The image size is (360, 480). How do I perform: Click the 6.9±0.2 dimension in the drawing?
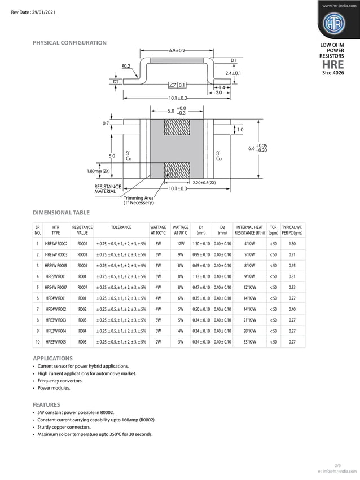pos(177,51)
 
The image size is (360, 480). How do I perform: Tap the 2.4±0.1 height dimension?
pos(233,73)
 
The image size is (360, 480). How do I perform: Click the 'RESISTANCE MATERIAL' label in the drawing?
pos(108,189)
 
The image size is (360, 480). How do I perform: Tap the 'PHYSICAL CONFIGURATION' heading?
pos(69,43)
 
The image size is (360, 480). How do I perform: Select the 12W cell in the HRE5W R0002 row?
pos(181,244)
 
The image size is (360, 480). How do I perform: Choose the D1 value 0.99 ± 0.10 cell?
pos(201,254)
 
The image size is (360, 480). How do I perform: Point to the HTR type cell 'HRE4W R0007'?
pos(56,287)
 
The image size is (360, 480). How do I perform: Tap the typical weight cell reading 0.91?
pos(292,254)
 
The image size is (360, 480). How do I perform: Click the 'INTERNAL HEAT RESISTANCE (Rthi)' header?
pos(249,230)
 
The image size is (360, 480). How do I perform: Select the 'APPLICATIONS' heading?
pos(52,358)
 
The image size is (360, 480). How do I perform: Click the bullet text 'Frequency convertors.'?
pos(60,381)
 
